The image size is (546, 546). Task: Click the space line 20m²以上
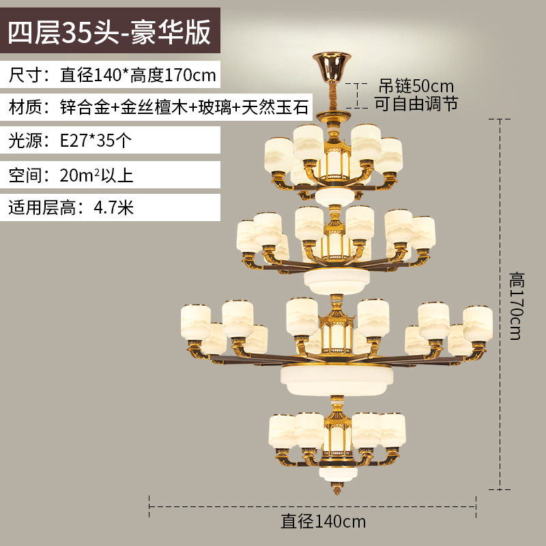[71, 175]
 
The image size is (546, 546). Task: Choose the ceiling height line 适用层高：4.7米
[71, 207]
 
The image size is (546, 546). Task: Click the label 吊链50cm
[416, 87]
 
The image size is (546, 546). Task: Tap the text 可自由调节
[416, 104]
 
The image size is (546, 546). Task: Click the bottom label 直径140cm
[324, 522]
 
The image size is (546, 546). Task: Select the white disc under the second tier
[335, 279]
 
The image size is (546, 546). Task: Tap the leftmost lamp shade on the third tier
[195, 321]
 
